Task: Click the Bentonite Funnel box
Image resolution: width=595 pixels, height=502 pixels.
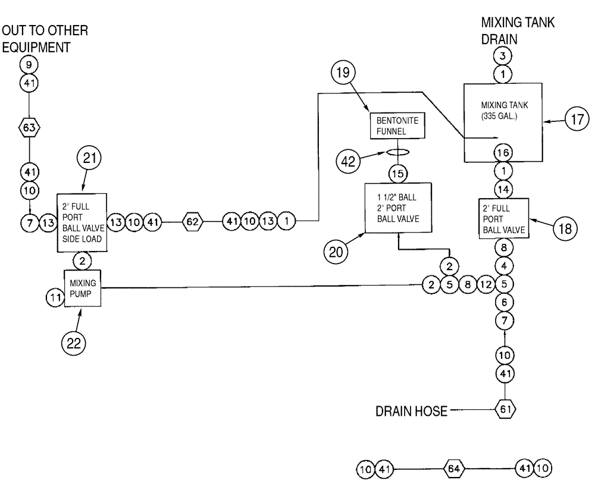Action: tap(394, 125)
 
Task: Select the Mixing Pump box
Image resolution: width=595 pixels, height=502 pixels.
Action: tap(82, 287)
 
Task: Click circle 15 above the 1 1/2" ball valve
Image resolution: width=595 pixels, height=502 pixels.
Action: tap(396, 174)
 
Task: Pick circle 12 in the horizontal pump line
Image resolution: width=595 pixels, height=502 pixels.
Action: tap(486, 284)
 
